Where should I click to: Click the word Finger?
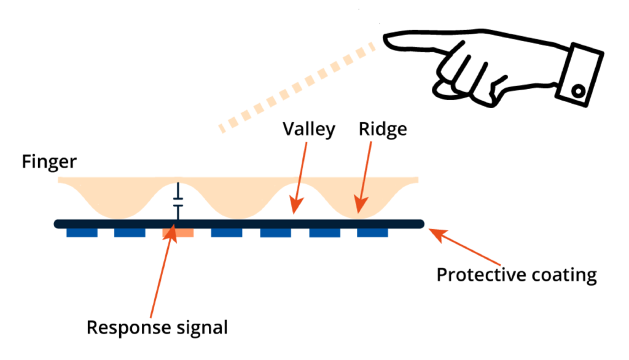49,162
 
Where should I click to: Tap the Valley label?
308,130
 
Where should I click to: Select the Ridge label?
383,130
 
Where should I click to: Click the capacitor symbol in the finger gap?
178,203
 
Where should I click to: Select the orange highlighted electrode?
178,233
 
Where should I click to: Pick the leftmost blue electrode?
82,233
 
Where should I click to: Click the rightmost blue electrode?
372,233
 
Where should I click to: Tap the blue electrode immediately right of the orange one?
227,233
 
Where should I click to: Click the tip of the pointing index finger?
387,39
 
